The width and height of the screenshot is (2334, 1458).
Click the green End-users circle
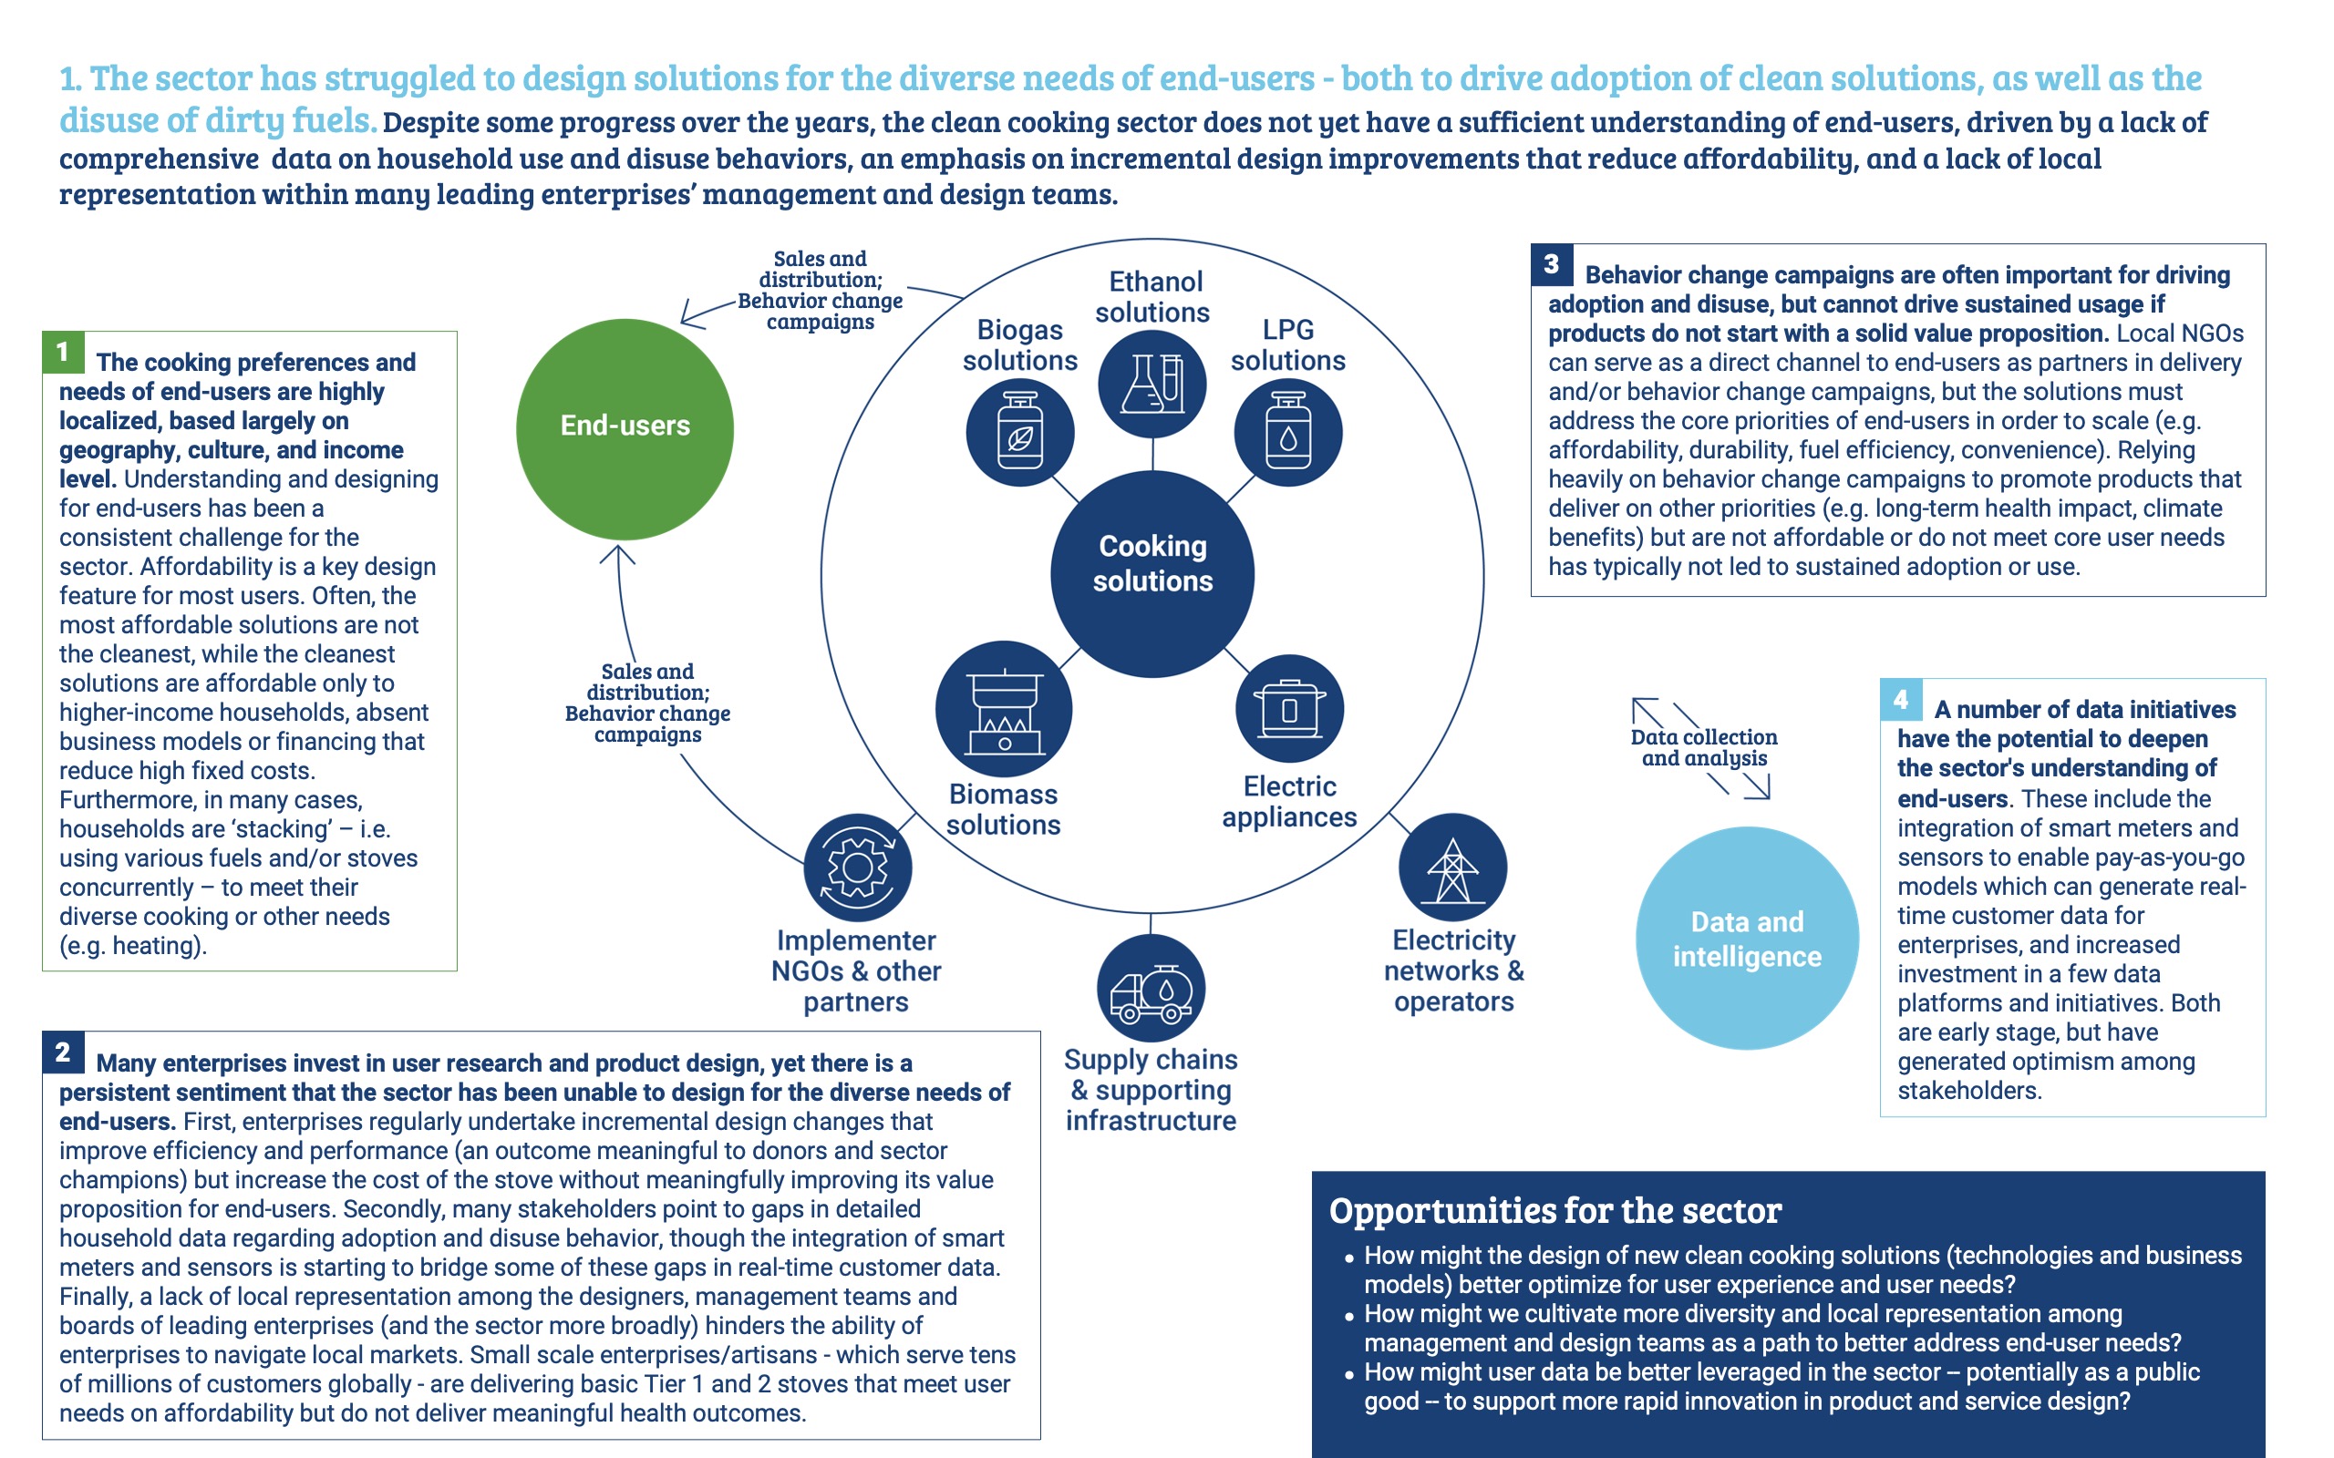pyautogui.click(x=625, y=429)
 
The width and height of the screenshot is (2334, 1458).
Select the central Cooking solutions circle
pyautogui.click(x=1152, y=574)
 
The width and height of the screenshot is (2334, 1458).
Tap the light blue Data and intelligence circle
pyautogui.click(x=1747, y=938)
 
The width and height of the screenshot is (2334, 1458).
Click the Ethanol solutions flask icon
pyautogui.click(x=1152, y=384)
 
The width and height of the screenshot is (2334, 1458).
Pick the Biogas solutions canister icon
pyautogui.click(x=1020, y=432)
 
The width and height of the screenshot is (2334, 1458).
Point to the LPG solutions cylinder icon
pyautogui.click(x=1287, y=432)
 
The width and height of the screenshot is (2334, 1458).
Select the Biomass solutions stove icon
pyautogui.click(x=1004, y=709)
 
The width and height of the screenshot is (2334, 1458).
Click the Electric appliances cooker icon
pyautogui.click(x=1289, y=709)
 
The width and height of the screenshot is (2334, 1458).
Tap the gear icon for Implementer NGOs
pyautogui.click(x=857, y=868)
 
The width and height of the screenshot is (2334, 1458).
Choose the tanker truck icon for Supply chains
pyautogui.click(x=1151, y=989)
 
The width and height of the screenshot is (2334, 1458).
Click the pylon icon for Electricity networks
pyautogui.click(x=1452, y=868)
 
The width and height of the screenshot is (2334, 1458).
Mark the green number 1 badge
pyautogui.click(x=63, y=352)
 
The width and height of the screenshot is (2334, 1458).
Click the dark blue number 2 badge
pyautogui.click(x=63, y=1052)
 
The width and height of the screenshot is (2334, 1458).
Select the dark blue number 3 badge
pyautogui.click(x=1552, y=264)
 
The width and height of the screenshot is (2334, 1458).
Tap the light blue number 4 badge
pyautogui.click(x=1901, y=700)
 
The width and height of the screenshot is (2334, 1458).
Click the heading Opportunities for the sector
pyautogui.click(x=1554, y=1210)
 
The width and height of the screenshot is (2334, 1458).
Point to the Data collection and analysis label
pyautogui.click(x=1704, y=747)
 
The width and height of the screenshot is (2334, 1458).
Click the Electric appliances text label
pyautogui.click(x=1289, y=801)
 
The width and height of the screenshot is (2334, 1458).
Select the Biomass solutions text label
pyautogui.click(x=1003, y=809)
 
